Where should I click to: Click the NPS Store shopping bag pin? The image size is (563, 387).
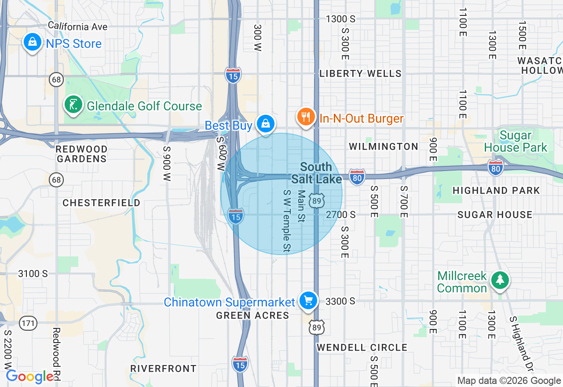[32, 42]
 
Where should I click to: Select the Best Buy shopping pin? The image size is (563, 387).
[266, 124]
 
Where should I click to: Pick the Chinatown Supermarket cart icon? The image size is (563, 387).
[308, 301]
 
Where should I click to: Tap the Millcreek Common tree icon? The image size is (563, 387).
[500, 280]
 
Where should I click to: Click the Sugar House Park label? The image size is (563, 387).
[515, 141]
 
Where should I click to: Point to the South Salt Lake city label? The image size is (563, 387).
[316, 173]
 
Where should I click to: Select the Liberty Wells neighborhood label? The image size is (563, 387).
[361, 73]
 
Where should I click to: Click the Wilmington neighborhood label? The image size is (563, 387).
[384, 146]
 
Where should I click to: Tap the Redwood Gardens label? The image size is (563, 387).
[82, 154]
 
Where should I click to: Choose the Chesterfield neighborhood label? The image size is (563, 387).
[102, 203]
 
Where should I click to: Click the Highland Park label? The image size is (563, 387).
[496, 190]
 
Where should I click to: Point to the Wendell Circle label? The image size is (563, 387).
[362, 347]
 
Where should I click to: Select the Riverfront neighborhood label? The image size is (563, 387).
[163, 369]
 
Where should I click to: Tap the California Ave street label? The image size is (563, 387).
[77, 26]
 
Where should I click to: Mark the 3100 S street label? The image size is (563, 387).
[33, 274]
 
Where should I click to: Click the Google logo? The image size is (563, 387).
[30, 377]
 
